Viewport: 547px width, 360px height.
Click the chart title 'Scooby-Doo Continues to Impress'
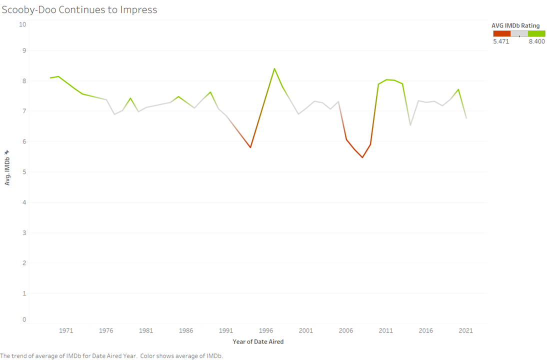79,9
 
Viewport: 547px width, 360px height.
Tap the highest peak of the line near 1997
274,69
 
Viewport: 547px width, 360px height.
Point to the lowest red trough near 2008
362,157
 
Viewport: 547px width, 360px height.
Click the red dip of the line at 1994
250,147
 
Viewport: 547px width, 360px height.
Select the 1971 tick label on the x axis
66,330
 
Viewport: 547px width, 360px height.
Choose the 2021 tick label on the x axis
465,330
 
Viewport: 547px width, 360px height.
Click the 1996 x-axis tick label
266,330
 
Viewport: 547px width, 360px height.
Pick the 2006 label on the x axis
345,330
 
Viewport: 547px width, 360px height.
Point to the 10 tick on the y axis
22,24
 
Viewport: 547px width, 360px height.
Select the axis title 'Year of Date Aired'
258,342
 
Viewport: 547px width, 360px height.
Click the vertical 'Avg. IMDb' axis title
7,167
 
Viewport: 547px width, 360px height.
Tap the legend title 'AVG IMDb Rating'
516,25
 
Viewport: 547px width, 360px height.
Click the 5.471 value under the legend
501,41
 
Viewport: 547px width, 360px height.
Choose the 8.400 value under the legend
536,41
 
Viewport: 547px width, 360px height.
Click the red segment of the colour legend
501,33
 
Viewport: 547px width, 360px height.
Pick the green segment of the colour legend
536,33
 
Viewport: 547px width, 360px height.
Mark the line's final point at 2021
466,118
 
